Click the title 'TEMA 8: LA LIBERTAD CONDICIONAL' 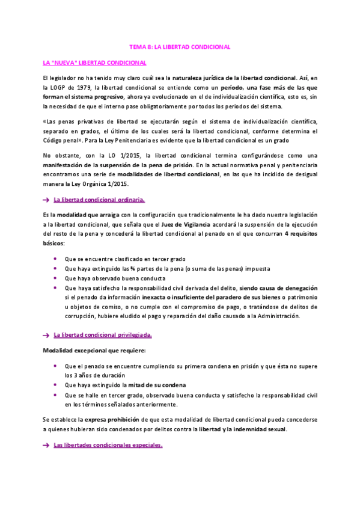180,46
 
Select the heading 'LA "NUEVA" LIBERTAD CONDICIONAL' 94,62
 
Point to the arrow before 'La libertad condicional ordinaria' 46,200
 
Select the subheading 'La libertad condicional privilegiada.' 103,334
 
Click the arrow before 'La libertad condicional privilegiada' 46,335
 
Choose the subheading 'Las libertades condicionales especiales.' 108,446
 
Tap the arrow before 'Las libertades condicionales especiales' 46,446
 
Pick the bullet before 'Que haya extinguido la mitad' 55,385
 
